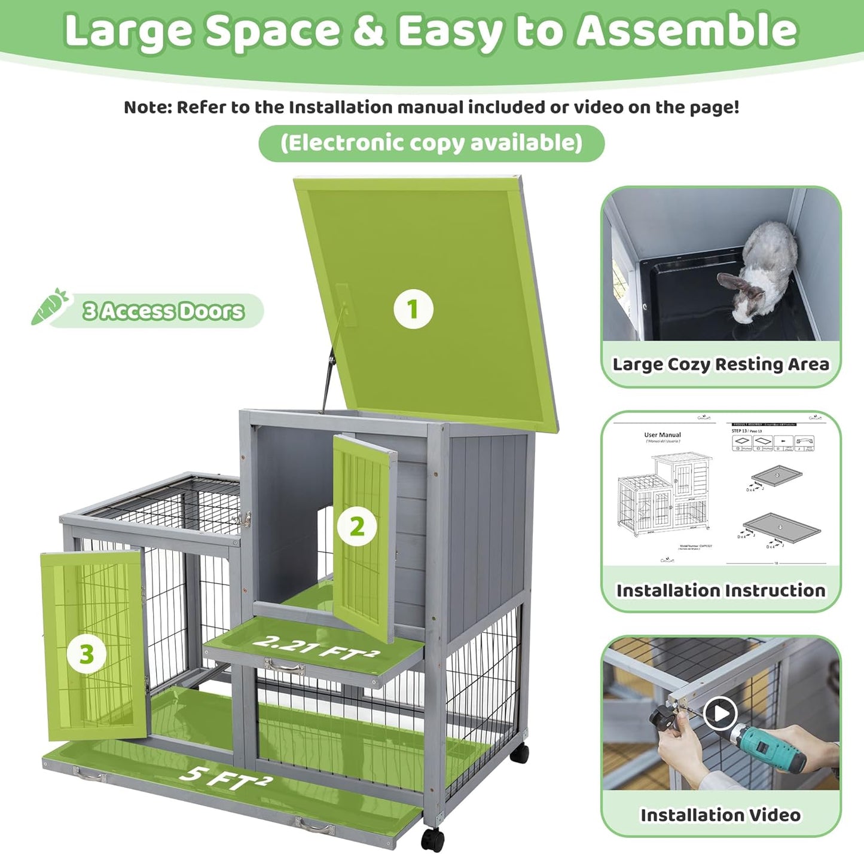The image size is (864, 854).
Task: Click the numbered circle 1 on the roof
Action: pos(413,310)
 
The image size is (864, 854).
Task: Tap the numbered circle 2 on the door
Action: pos(357,527)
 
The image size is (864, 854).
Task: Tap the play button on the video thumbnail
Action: pos(719,714)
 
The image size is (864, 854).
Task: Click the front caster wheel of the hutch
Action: pos(432,839)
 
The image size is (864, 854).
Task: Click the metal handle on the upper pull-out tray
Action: pos(284,667)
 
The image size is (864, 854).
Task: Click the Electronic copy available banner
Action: pos(431,143)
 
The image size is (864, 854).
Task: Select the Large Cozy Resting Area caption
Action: pos(720,364)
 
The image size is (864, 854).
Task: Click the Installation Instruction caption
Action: pos(720,590)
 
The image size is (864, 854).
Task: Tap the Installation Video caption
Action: pos(720,815)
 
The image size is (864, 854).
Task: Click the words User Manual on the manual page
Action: pos(662,435)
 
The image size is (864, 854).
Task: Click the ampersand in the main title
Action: pos(368,31)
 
